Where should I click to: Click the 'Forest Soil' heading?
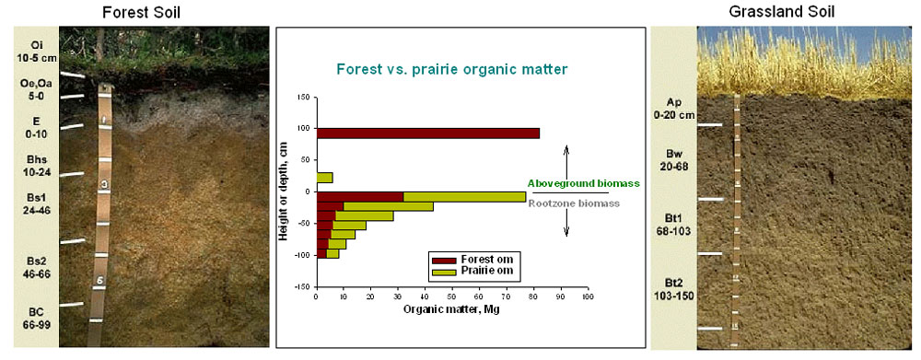click(x=141, y=12)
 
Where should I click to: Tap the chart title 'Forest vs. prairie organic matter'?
click(x=451, y=69)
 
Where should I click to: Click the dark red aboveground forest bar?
click(x=428, y=134)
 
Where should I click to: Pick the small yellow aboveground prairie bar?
click(x=325, y=178)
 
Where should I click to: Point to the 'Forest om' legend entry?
click(x=476, y=259)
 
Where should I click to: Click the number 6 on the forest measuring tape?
click(x=99, y=282)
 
